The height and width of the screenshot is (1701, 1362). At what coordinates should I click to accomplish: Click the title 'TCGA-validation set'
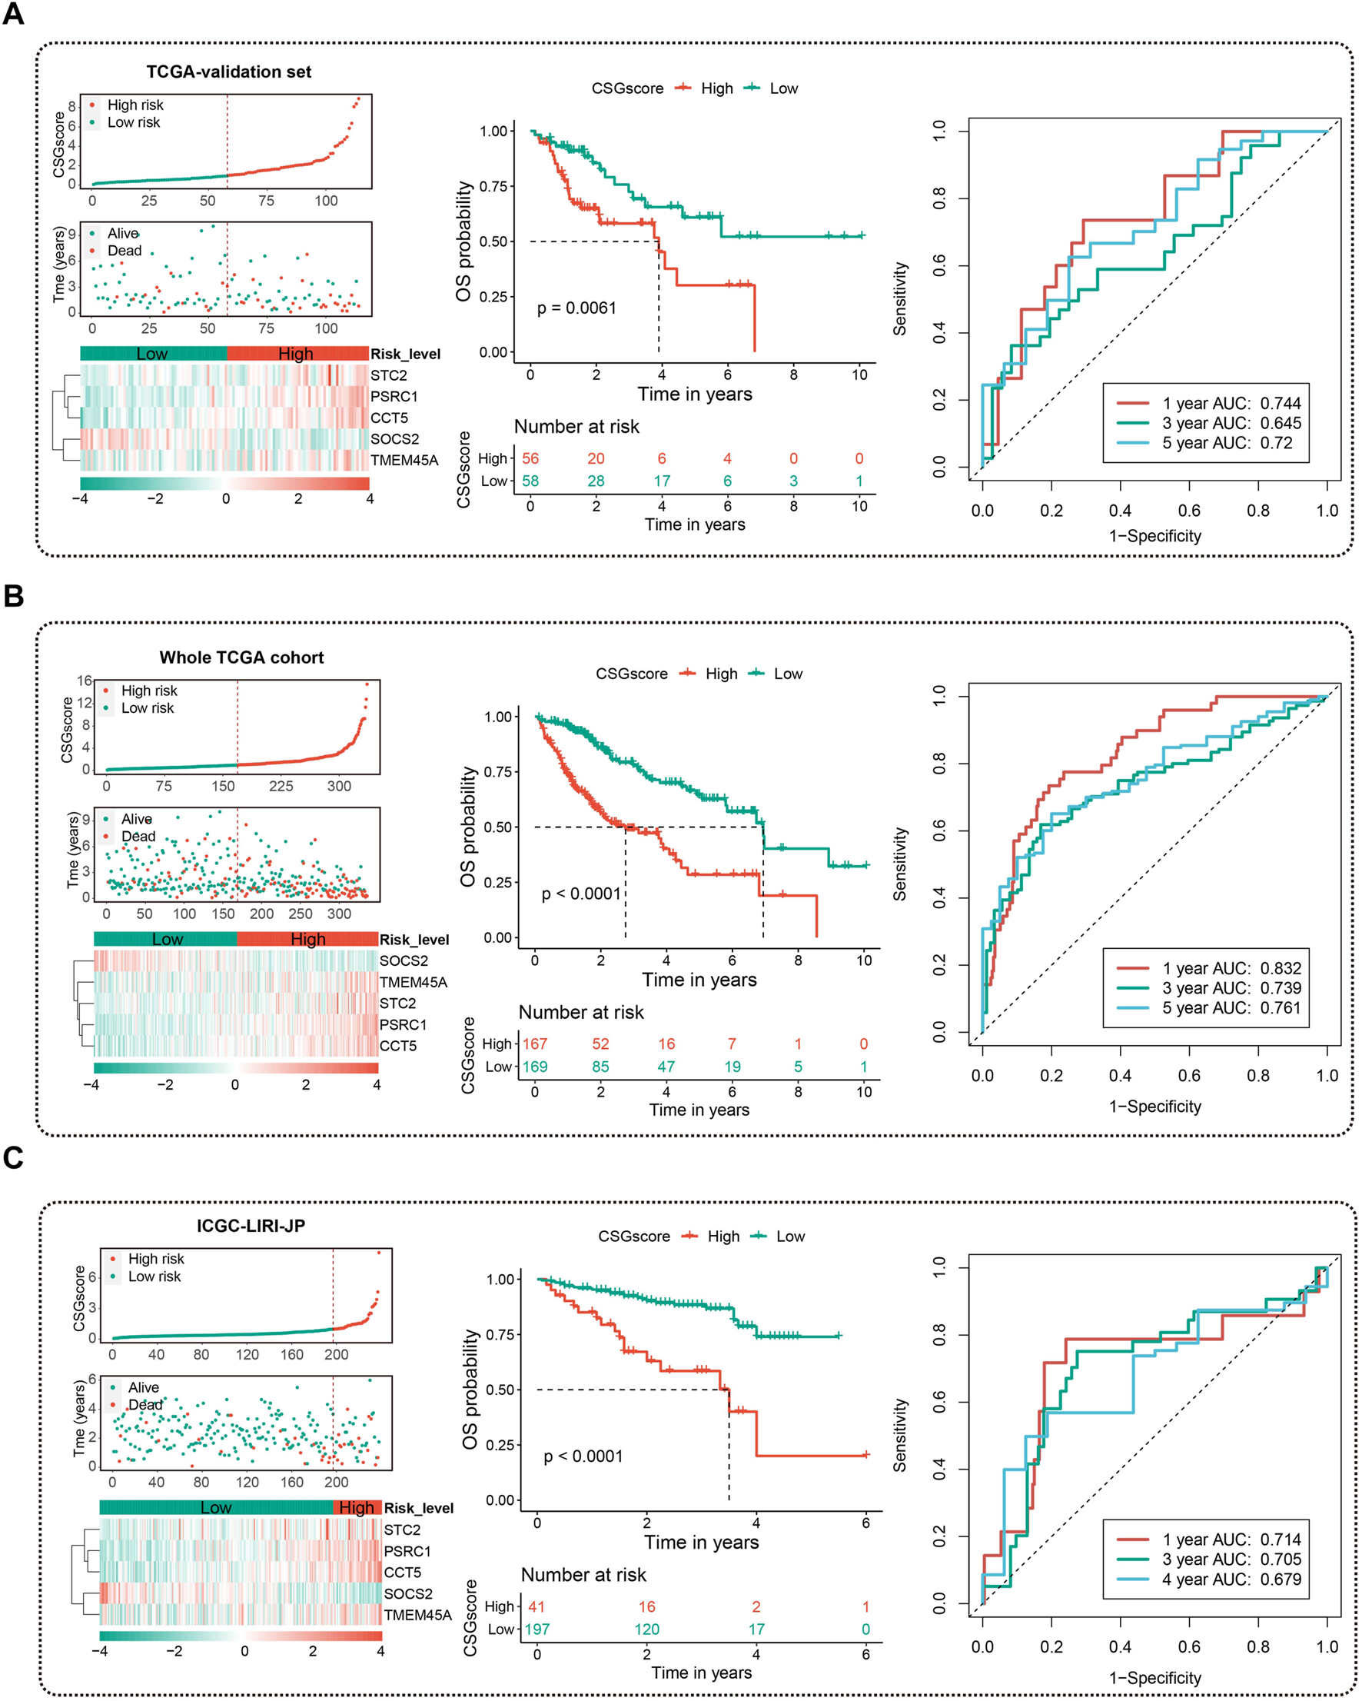point(229,72)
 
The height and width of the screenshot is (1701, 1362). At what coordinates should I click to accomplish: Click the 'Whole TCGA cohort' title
point(241,657)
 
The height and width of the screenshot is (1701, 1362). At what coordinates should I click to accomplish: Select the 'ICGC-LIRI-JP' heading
point(251,1225)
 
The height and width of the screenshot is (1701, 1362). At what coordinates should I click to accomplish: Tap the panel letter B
point(13,596)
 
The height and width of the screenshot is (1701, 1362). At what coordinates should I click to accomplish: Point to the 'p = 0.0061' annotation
point(576,308)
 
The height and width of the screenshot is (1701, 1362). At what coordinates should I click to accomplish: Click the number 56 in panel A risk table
point(530,458)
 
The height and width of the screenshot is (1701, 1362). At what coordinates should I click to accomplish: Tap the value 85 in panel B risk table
point(600,1067)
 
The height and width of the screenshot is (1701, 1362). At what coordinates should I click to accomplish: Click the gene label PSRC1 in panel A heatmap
point(394,396)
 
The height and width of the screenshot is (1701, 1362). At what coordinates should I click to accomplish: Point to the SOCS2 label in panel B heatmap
point(404,960)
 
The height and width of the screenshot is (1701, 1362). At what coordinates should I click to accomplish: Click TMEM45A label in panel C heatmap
point(418,1614)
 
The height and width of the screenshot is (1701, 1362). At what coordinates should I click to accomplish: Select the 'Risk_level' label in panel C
point(419,1508)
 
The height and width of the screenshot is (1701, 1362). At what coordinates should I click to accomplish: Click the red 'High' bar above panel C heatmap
point(357,1508)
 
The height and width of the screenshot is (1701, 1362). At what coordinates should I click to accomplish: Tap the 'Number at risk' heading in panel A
point(576,427)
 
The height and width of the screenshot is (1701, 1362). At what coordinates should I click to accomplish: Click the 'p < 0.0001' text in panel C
point(583,1456)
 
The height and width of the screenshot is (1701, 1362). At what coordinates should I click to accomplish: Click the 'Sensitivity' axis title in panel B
point(900,864)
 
